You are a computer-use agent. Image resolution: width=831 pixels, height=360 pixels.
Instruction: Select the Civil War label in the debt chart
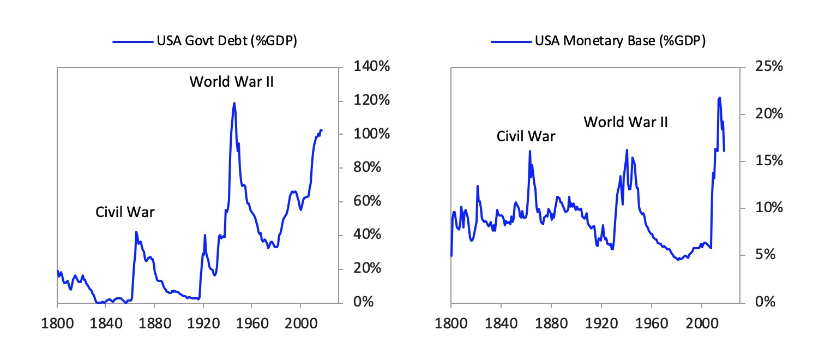(125, 212)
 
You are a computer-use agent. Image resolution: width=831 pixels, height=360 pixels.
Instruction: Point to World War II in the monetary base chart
(625, 122)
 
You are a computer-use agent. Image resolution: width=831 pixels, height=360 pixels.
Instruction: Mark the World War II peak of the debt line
(234, 103)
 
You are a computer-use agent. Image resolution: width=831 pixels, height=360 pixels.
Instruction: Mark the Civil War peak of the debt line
(136, 232)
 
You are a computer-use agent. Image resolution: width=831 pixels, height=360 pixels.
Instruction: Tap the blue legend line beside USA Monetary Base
(510, 41)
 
